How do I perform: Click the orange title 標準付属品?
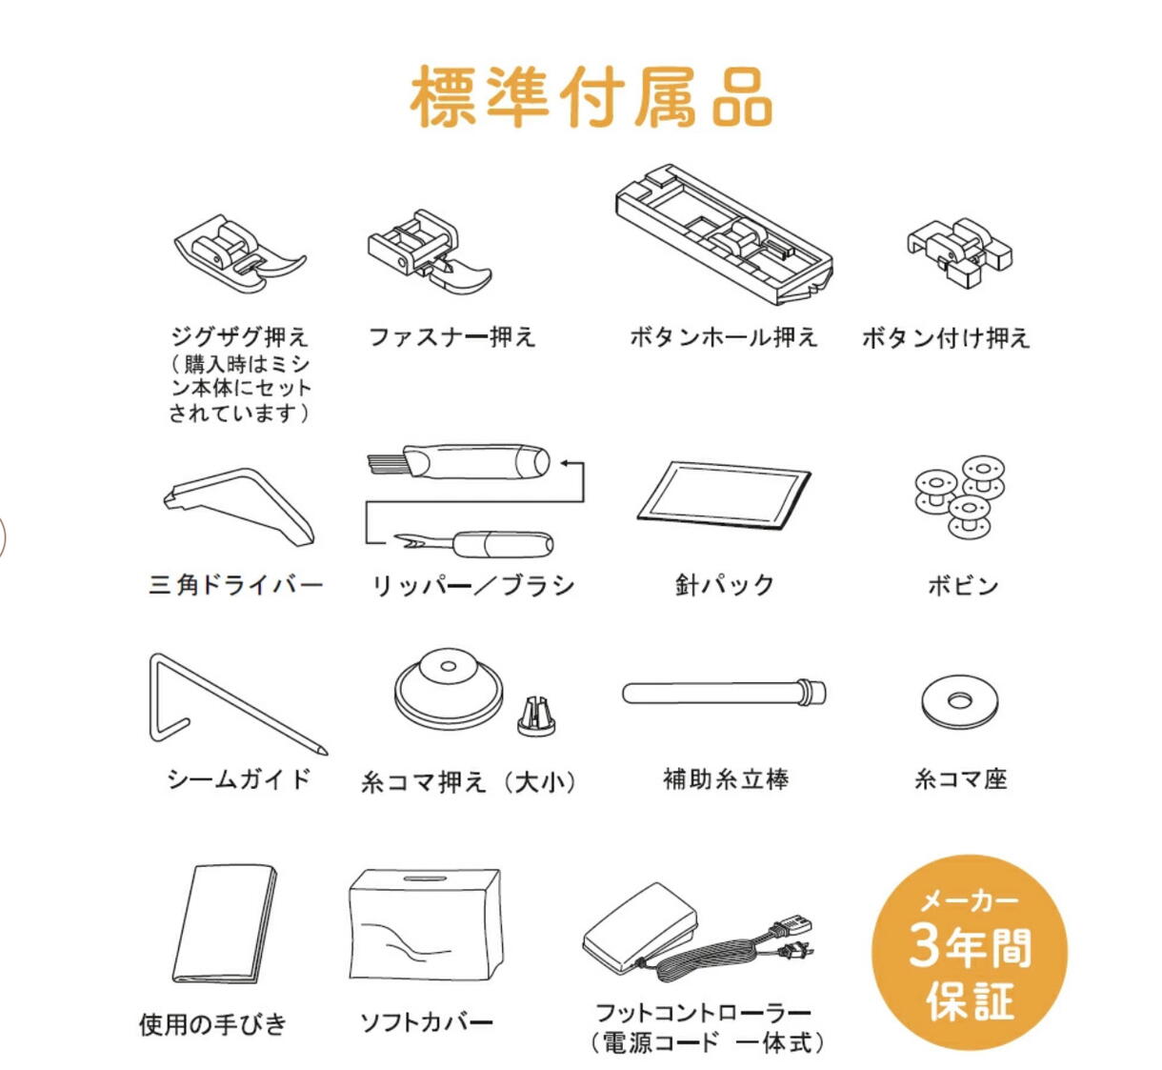(x=591, y=96)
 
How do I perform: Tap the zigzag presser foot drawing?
(x=240, y=254)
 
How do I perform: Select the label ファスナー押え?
(x=451, y=336)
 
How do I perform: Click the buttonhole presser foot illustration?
(x=724, y=233)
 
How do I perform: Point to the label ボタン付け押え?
(x=946, y=337)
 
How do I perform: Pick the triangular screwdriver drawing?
(x=239, y=507)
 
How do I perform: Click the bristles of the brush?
(x=385, y=461)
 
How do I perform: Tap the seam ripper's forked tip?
(x=404, y=541)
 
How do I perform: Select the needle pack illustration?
(x=724, y=495)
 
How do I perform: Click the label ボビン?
(x=963, y=585)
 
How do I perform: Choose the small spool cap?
(x=536, y=717)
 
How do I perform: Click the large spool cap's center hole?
(x=448, y=666)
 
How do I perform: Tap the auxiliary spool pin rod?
(x=724, y=692)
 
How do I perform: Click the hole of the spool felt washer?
(x=960, y=701)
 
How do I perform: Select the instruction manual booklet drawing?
(x=225, y=924)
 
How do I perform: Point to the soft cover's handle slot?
(x=425, y=878)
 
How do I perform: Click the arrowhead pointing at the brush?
(x=566, y=463)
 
